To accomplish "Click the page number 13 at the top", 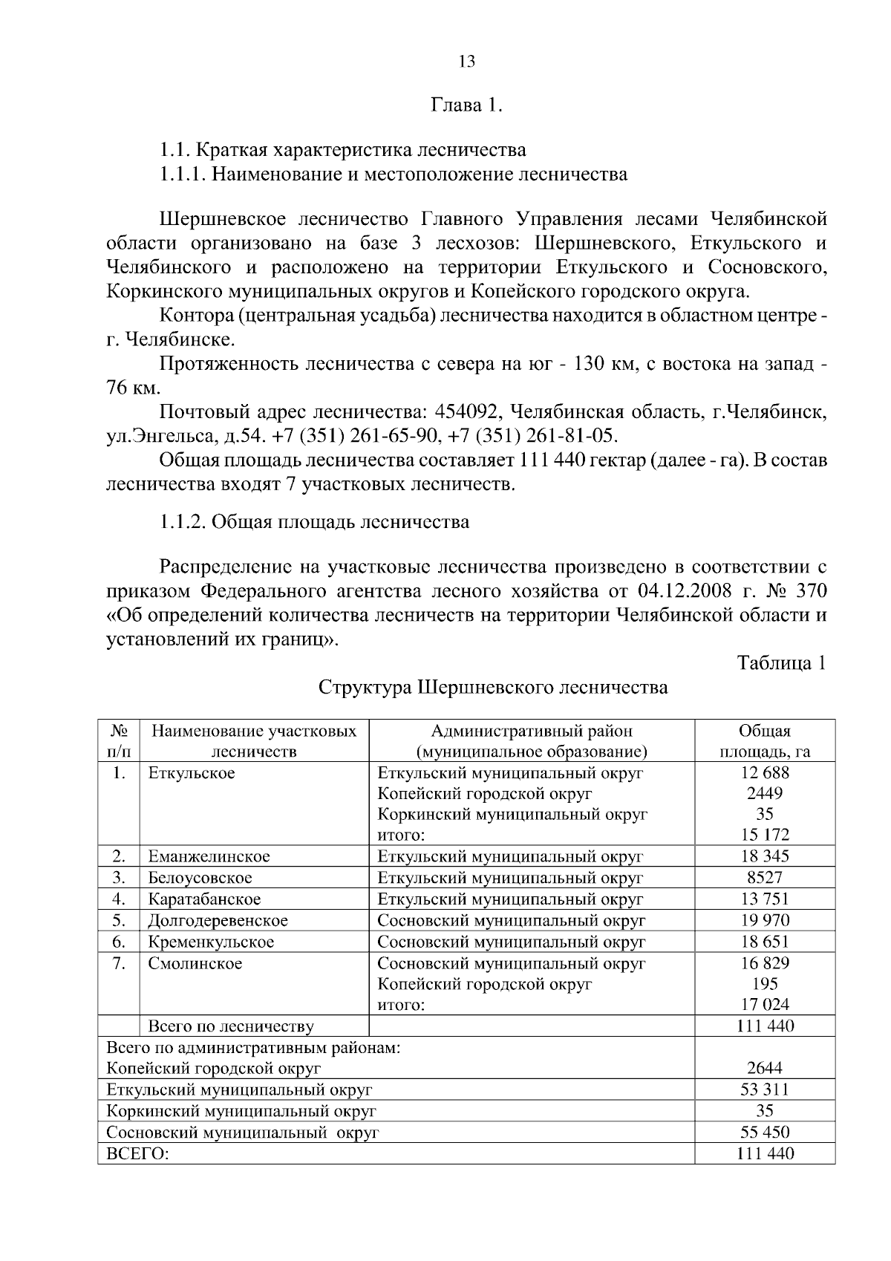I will click(467, 62).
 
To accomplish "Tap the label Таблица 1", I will click(781, 662).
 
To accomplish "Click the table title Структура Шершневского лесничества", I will click(493, 687).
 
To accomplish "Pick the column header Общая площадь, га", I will click(765, 741).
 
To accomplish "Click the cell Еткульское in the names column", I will click(192, 773).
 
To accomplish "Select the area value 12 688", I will click(765, 772).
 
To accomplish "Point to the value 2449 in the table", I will click(765, 793).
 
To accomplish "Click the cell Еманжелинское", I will click(209, 856).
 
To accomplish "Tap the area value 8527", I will click(765, 878).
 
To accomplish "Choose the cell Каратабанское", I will click(205, 899).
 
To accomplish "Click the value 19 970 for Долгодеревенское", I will click(765, 921).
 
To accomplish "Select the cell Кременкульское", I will click(212, 942).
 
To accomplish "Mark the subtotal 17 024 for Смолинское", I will click(765, 1006).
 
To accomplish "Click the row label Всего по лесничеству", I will click(231, 1027).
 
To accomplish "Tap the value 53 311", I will click(765, 1090).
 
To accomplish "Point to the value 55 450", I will click(765, 1133).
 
